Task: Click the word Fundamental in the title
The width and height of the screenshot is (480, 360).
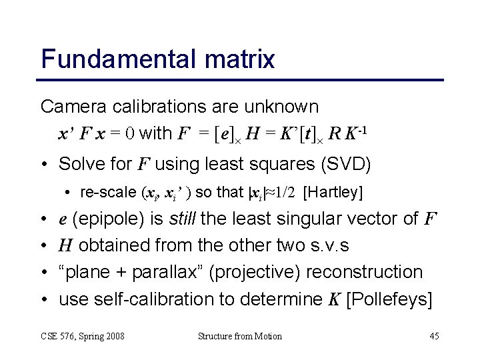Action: tap(118, 59)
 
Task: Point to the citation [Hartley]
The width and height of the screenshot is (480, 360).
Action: tap(333, 193)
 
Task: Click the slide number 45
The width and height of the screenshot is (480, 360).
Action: tap(434, 336)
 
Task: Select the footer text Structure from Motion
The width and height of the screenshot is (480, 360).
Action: tap(240, 336)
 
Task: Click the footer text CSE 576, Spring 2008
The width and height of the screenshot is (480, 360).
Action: tap(83, 336)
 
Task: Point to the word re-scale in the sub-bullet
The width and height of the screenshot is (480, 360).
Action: tap(107, 193)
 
